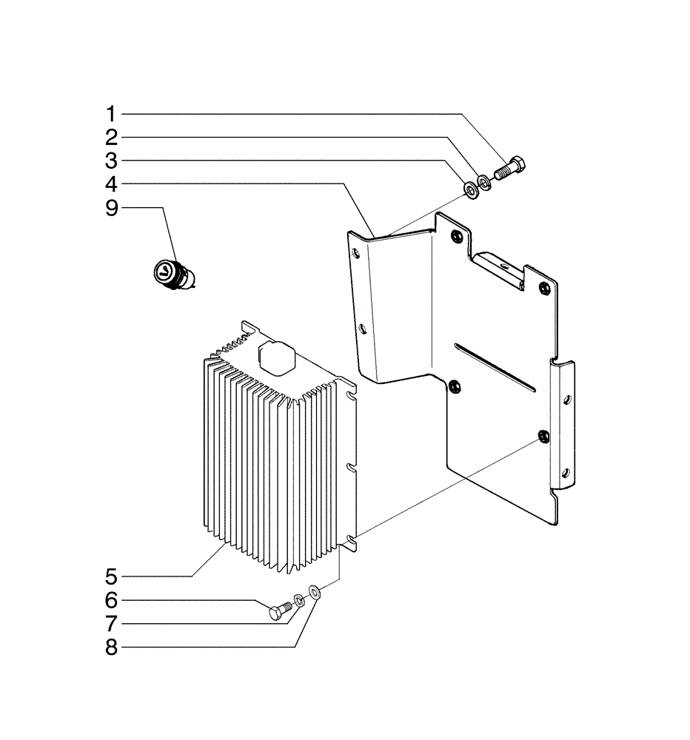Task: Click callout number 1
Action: pyautogui.click(x=111, y=114)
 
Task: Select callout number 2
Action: pyautogui.click(x=111, y=137)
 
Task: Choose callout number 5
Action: pyautogui.click(x=111, y=575)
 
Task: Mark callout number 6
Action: pyautogui.click(x=111, y=599)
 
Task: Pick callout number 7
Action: pyautogui.click(x=111, y=622)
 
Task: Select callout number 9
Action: pyautogui.click(x=111, y=208)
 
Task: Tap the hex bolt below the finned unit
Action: pyautogui.click(x=279, y=611)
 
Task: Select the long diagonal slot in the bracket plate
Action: pyautogui.click(x=495, y=366)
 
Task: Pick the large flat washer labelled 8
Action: pyautogui.click(x=315, y=591)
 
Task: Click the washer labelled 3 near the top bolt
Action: pyautogui.click(x=470, y=190)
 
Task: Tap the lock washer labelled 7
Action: pyautogui.click(x=298, y=599)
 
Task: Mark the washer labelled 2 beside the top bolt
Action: pyautogui.click(x=483, y=181)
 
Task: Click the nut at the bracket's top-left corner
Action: pyautogui.click(x=455, y=237)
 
